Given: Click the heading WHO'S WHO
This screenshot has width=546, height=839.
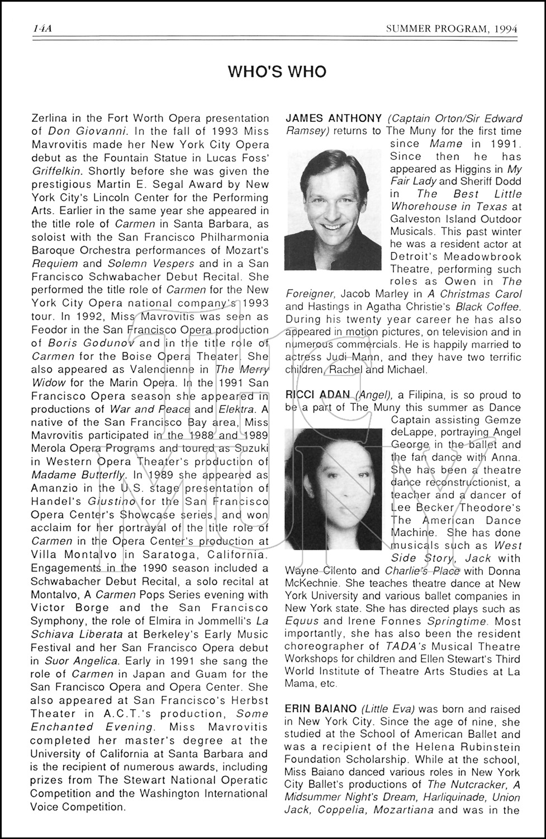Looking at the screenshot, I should pyautogui.click(x=277, y=72).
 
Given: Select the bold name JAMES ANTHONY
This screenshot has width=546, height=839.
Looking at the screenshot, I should pyautogui.click(x=334, y=118).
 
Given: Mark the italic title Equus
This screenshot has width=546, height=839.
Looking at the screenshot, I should pyautogui.click(x=302, y=621).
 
